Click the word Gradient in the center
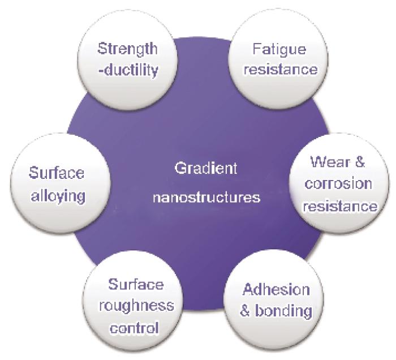click(206, 168)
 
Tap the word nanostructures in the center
click(206, 197)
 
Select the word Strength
click(127, 49)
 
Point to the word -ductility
click(128, 70)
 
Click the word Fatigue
click(279, 49)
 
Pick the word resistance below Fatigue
click(281, 69)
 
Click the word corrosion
click(338, 183)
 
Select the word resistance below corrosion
click(340, 206)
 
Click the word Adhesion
click(276, 289)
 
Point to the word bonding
click(283, 311)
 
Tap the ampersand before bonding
click(244, 311)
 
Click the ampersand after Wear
click(360, 162)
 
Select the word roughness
click(136, 306)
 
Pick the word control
click(135, 328)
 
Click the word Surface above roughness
click(136, 285)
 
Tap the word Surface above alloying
click(57, 173)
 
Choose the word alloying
click(58, 196)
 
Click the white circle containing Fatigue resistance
click(278, 59)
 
